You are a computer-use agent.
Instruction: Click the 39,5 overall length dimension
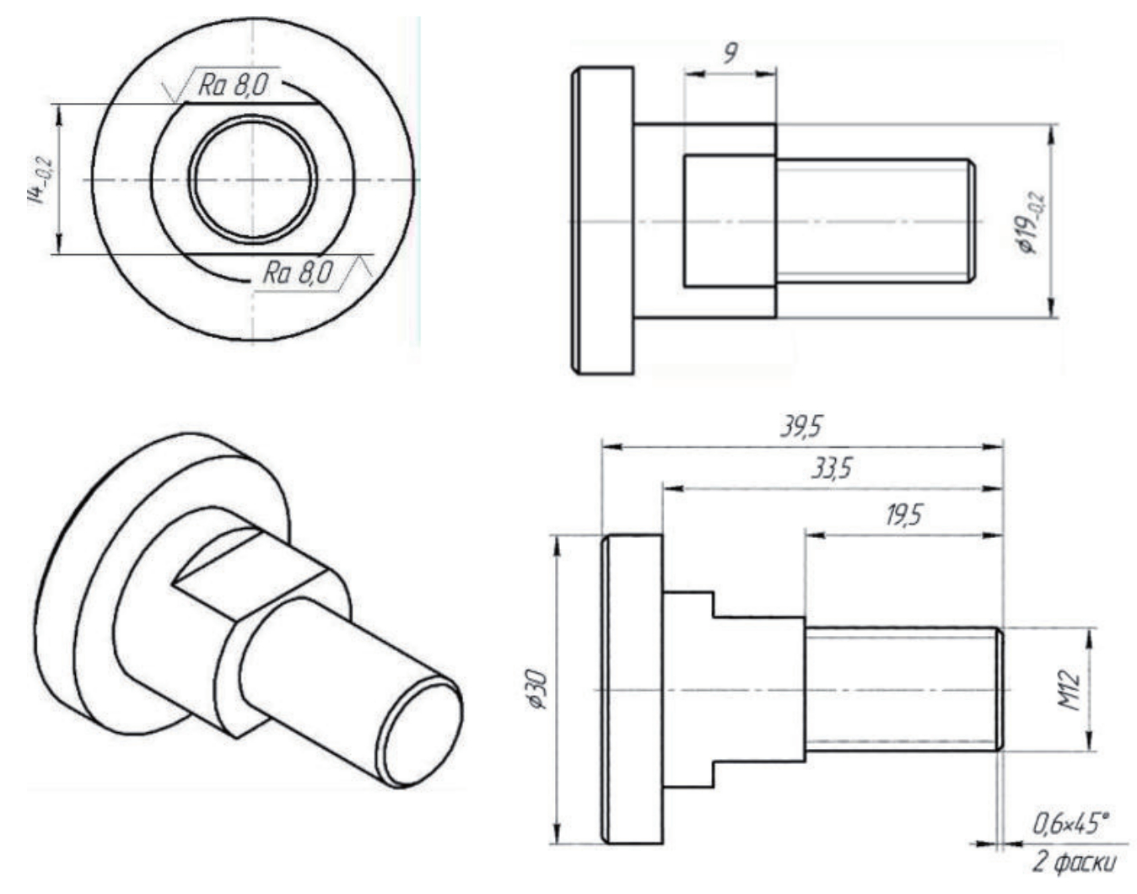(x=801, y=427)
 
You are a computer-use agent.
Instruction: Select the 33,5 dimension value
(x=831, y=469)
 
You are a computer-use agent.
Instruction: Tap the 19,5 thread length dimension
(x=903, y=514)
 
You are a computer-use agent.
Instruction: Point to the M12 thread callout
(x=1068, y=690)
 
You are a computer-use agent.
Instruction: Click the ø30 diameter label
(x=536, y=689)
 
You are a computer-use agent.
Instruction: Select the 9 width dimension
(x=730, y=53)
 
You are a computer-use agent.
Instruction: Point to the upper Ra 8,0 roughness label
(x=233, y=85)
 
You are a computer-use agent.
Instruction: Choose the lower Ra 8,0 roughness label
(x=298, y=273)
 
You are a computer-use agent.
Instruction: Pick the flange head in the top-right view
(x=603, y=221)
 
